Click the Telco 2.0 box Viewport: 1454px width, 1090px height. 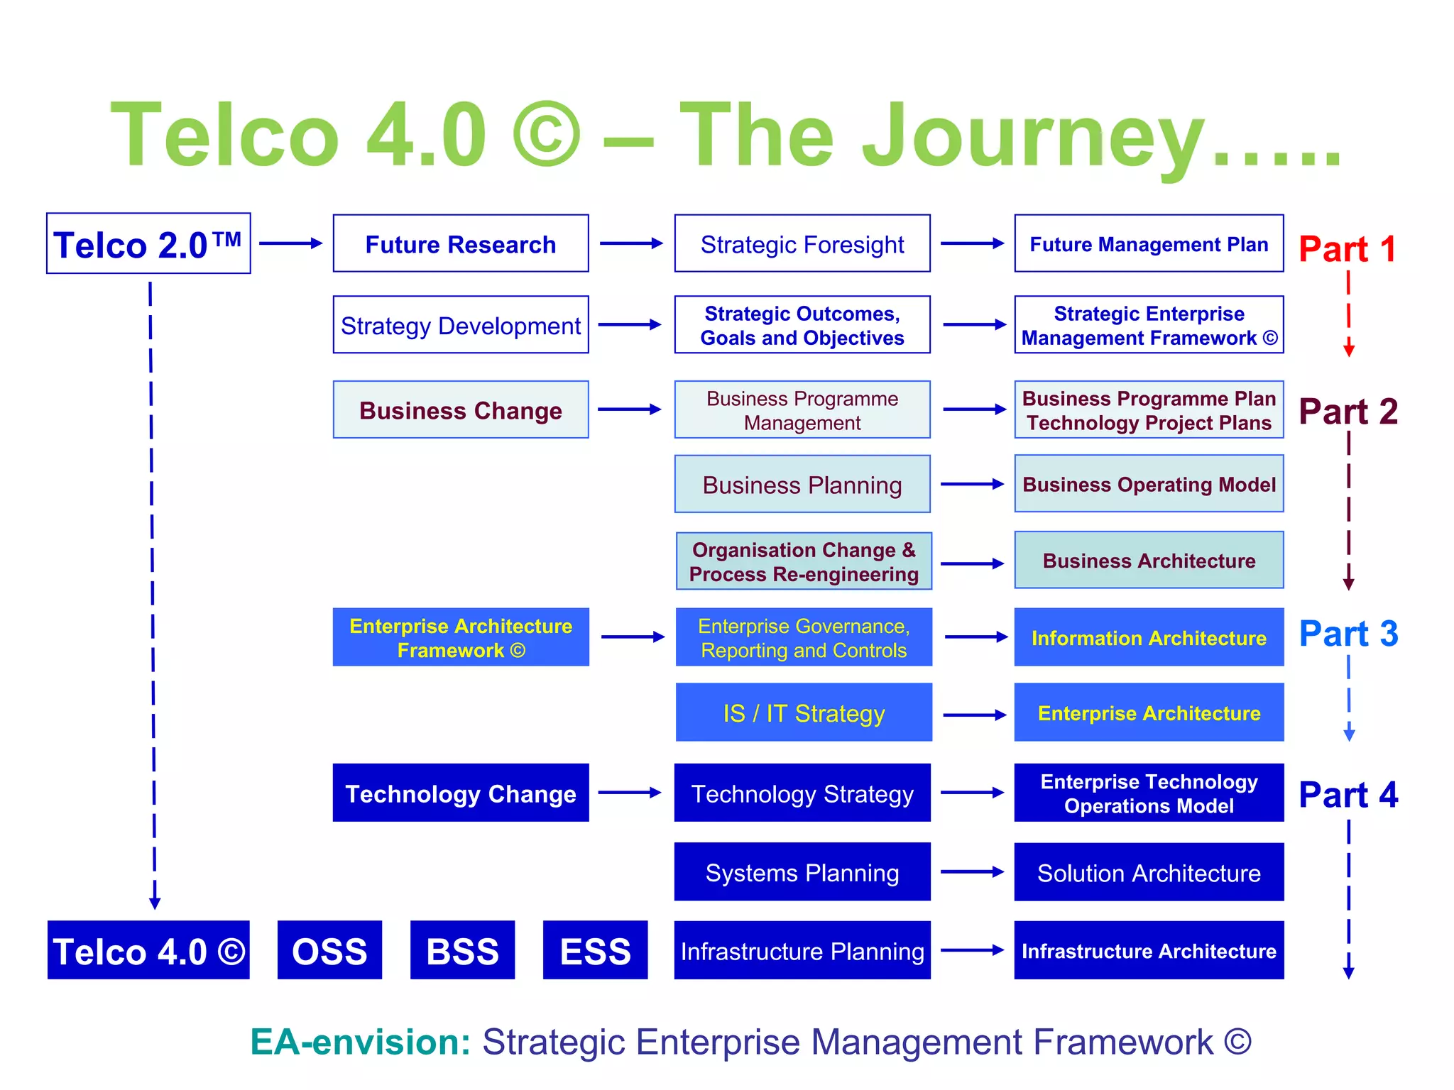148,244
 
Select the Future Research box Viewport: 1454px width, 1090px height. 461,244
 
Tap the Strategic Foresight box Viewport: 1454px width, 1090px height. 802,244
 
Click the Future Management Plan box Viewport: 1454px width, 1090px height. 1149,244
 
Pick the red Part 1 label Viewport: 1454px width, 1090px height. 1347,249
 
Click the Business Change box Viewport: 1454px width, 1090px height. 461,410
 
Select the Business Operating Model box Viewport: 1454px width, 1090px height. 1149,485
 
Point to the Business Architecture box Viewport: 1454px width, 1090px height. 1149,561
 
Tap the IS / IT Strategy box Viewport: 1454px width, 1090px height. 804,712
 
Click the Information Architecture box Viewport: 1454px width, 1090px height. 1149,637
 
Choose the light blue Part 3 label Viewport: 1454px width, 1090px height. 1348,634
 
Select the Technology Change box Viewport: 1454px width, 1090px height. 461,793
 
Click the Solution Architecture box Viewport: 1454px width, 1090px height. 1149,873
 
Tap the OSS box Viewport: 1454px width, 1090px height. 329,951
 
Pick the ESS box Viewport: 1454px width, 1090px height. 595,951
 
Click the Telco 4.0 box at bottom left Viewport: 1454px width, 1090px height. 148,951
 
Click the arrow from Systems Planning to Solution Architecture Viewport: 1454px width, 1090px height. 972,872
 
